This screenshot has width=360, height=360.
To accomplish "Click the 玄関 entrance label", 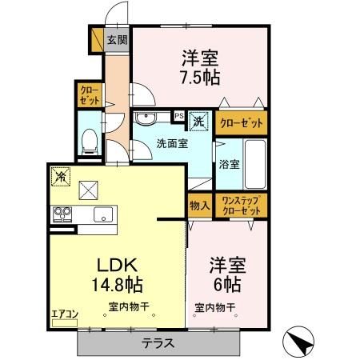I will click(x=116, y=39).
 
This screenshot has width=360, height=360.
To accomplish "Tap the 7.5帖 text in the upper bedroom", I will click(x=200, y=78).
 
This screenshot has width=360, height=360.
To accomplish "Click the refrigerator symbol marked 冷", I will click(x=59, y=174).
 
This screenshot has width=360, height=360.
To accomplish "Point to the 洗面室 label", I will click(x=171, y=145).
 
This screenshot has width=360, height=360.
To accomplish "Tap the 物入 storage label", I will click(x=200, y=206).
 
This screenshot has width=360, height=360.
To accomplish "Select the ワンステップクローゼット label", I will click(x=242, y=205).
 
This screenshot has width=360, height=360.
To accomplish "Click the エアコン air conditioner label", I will click(x=63, y=314).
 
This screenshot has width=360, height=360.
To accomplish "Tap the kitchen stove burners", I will click(x=62, y=214).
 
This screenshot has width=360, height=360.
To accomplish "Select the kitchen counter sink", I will click(x=102, y=214).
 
